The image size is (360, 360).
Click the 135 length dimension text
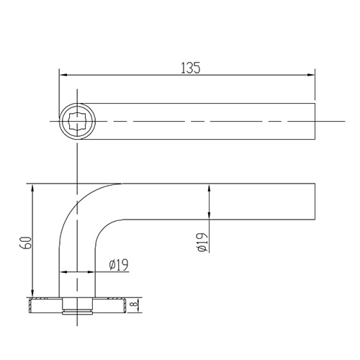coord(190,68)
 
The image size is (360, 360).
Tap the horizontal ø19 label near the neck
coord(118,265)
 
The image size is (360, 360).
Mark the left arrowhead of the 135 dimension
coord(62,74)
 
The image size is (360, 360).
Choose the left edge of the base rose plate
coord(29,305)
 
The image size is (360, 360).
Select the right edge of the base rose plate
coord(127,305)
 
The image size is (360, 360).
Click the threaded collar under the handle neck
coord(77,307)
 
